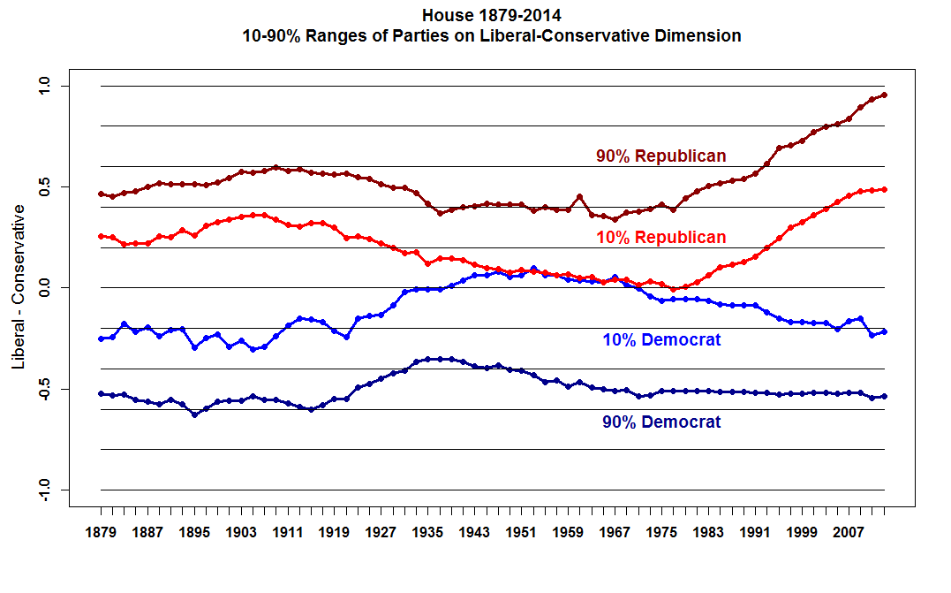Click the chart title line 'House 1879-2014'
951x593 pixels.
point(492,15)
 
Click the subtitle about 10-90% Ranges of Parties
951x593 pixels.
point(492,36)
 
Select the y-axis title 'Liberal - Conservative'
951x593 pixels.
point(18,288)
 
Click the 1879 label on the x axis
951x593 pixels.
point(101,533)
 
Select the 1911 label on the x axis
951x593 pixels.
point(288,533)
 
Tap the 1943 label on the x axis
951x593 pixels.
point(474,533)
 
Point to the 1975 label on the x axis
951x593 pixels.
point(661,533)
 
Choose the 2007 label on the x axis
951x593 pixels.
point(849,533)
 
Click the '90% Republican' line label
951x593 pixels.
point(660,156)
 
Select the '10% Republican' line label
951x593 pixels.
point(660,238)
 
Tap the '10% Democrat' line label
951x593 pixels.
point(661,340)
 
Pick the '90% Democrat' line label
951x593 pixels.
point(661,422)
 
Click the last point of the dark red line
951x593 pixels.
point(884,95)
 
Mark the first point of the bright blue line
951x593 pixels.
point(101,338)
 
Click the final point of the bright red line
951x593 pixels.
point(884,189)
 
